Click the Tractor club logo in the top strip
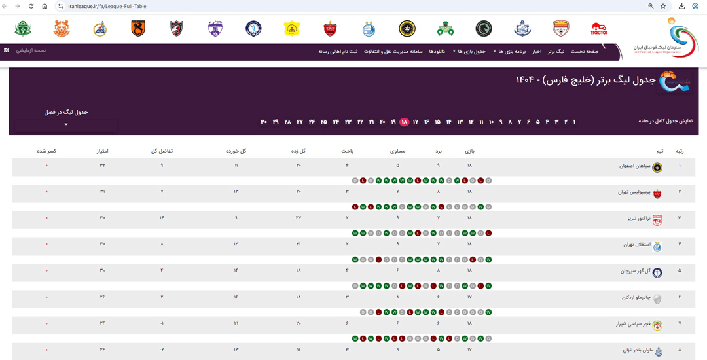[599, 29]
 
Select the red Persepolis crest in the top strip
[330, 29]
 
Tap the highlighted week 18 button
[405, 122]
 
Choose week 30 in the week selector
[264, 122]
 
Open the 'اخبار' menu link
[536, 51]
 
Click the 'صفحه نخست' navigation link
[585, 51]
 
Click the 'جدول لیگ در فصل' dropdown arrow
[66, 125]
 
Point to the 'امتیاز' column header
[102, 151]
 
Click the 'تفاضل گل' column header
[162, 151]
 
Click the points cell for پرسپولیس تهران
[102, 192]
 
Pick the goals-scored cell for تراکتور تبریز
[298, 217]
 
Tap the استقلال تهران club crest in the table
[657, 246]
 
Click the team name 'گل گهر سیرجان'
[636, 271]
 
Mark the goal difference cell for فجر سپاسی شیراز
[162, 323]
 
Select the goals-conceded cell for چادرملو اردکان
[236, 297]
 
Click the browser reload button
[31, 6]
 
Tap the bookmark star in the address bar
[663, 6]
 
